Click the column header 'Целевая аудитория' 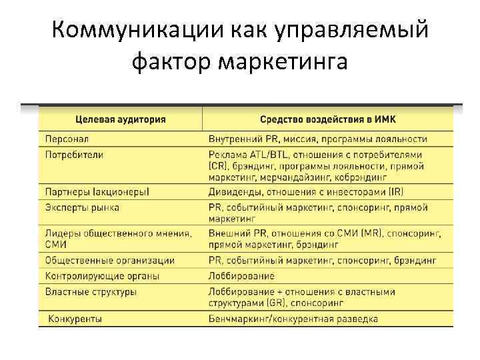pos(121,120)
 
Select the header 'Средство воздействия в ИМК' pos(327,120)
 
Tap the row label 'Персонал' pos(67,139)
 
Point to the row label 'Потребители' pos(74,154)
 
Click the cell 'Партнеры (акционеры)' pos(97,192)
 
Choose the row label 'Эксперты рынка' pos(82,207)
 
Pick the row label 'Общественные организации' pos(110,260)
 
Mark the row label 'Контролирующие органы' pos(103,275)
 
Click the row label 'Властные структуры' pos(91,291)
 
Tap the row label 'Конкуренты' pos(75,319)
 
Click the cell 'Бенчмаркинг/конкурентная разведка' pos(293,319)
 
